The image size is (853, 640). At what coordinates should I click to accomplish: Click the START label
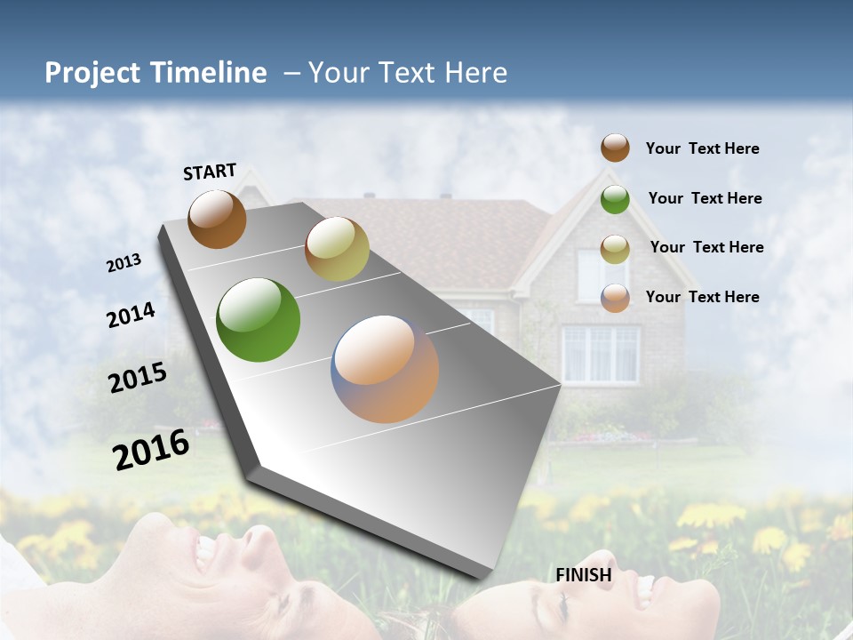(x=210, y=172)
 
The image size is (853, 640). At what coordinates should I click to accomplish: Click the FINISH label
(x=584, y=575)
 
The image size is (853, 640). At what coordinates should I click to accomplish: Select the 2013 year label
(x=124, y=263)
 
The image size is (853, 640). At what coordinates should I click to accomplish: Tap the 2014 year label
(x=131, y=315)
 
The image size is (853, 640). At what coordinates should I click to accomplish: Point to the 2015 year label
(x=138, y=378)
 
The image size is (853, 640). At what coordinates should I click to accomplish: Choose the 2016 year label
(x=151, y=450)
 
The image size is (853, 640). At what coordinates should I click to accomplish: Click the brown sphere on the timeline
(x=217, y=220)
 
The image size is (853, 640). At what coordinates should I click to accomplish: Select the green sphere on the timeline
(x=258, y=320)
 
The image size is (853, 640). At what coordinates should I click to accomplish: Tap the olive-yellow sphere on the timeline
(x=337, y=249)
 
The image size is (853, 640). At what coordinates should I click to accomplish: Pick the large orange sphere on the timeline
(x=385, y=369)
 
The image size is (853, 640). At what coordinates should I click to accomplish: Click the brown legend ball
(x=615, y=148)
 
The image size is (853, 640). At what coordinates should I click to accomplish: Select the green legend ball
(x=615, y=199)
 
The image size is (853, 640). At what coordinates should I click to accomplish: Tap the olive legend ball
(x=615, y=248)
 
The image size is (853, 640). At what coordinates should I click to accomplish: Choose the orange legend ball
(x=615, y=298)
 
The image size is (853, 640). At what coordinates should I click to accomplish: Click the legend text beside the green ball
(x=705, y=198)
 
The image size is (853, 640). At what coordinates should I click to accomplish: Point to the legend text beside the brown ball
(x=702, y=148)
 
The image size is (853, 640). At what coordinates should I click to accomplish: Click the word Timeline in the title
(x=205, y=73)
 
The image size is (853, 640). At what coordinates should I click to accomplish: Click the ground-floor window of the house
(x=600, y=354)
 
